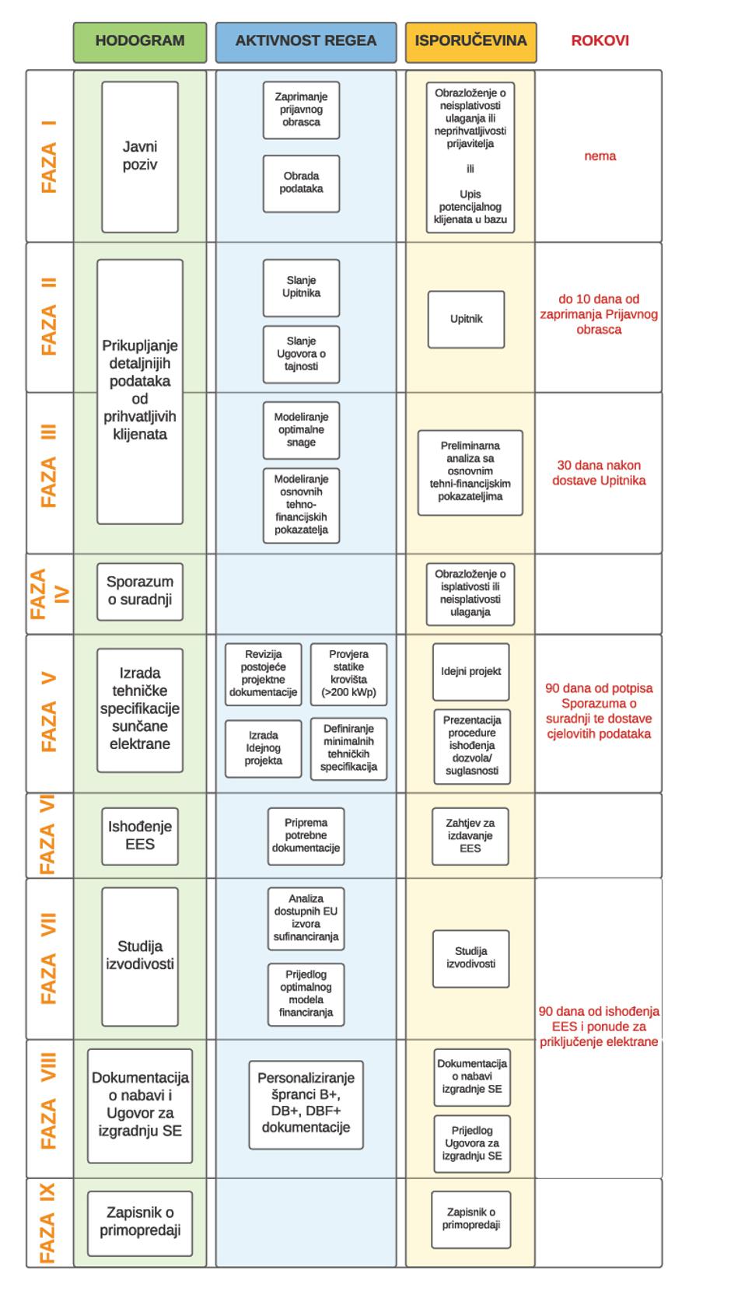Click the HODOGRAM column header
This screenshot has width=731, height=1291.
(x=140, y=41)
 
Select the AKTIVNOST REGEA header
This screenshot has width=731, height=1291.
(x=306, y=41)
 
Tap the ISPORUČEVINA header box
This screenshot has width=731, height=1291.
(x=470, y=41)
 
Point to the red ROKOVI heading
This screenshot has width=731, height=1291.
(x=600, y=41)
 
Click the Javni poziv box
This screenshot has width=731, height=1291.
(x=140, y=156)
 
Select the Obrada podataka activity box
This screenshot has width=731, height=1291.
(x=301, y=183)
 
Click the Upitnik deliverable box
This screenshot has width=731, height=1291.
(x=466, y=319)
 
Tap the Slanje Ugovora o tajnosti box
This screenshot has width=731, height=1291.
(x=301, y=354)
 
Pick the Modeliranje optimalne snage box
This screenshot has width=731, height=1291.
(x=301, y=429)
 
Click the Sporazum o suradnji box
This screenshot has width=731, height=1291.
(x=140, y=591)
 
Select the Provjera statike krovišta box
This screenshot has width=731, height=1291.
(x=348, y=673)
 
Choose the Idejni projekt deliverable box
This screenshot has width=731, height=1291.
(x=470, y=671)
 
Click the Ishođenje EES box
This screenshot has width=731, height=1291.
(x=140, y=835)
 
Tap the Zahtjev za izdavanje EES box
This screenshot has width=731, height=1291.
(x=470, y=835)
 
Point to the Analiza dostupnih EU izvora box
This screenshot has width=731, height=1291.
(x=306, y=918)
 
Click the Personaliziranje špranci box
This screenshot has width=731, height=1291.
(x=306, y=1104)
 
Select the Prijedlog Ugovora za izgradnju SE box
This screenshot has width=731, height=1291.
(x=471, y=1143)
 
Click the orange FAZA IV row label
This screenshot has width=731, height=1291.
(x=49, y=593)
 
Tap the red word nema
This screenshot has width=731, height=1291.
(x=600, y=156)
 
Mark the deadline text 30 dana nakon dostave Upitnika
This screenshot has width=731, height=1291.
(x=599, y=473)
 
